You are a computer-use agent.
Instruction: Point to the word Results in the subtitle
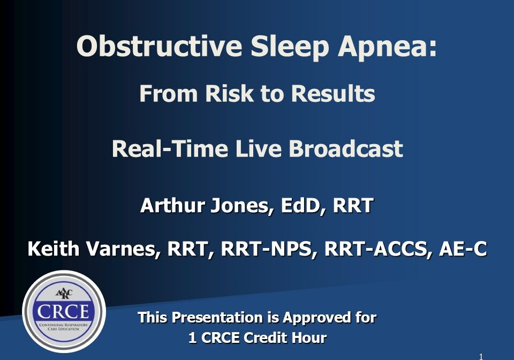[x=332, y=94]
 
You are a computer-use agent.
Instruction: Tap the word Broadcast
[x=345, y=148]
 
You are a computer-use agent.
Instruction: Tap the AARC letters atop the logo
[x=64, y=293]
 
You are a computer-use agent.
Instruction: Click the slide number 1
[x=481, y=356]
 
